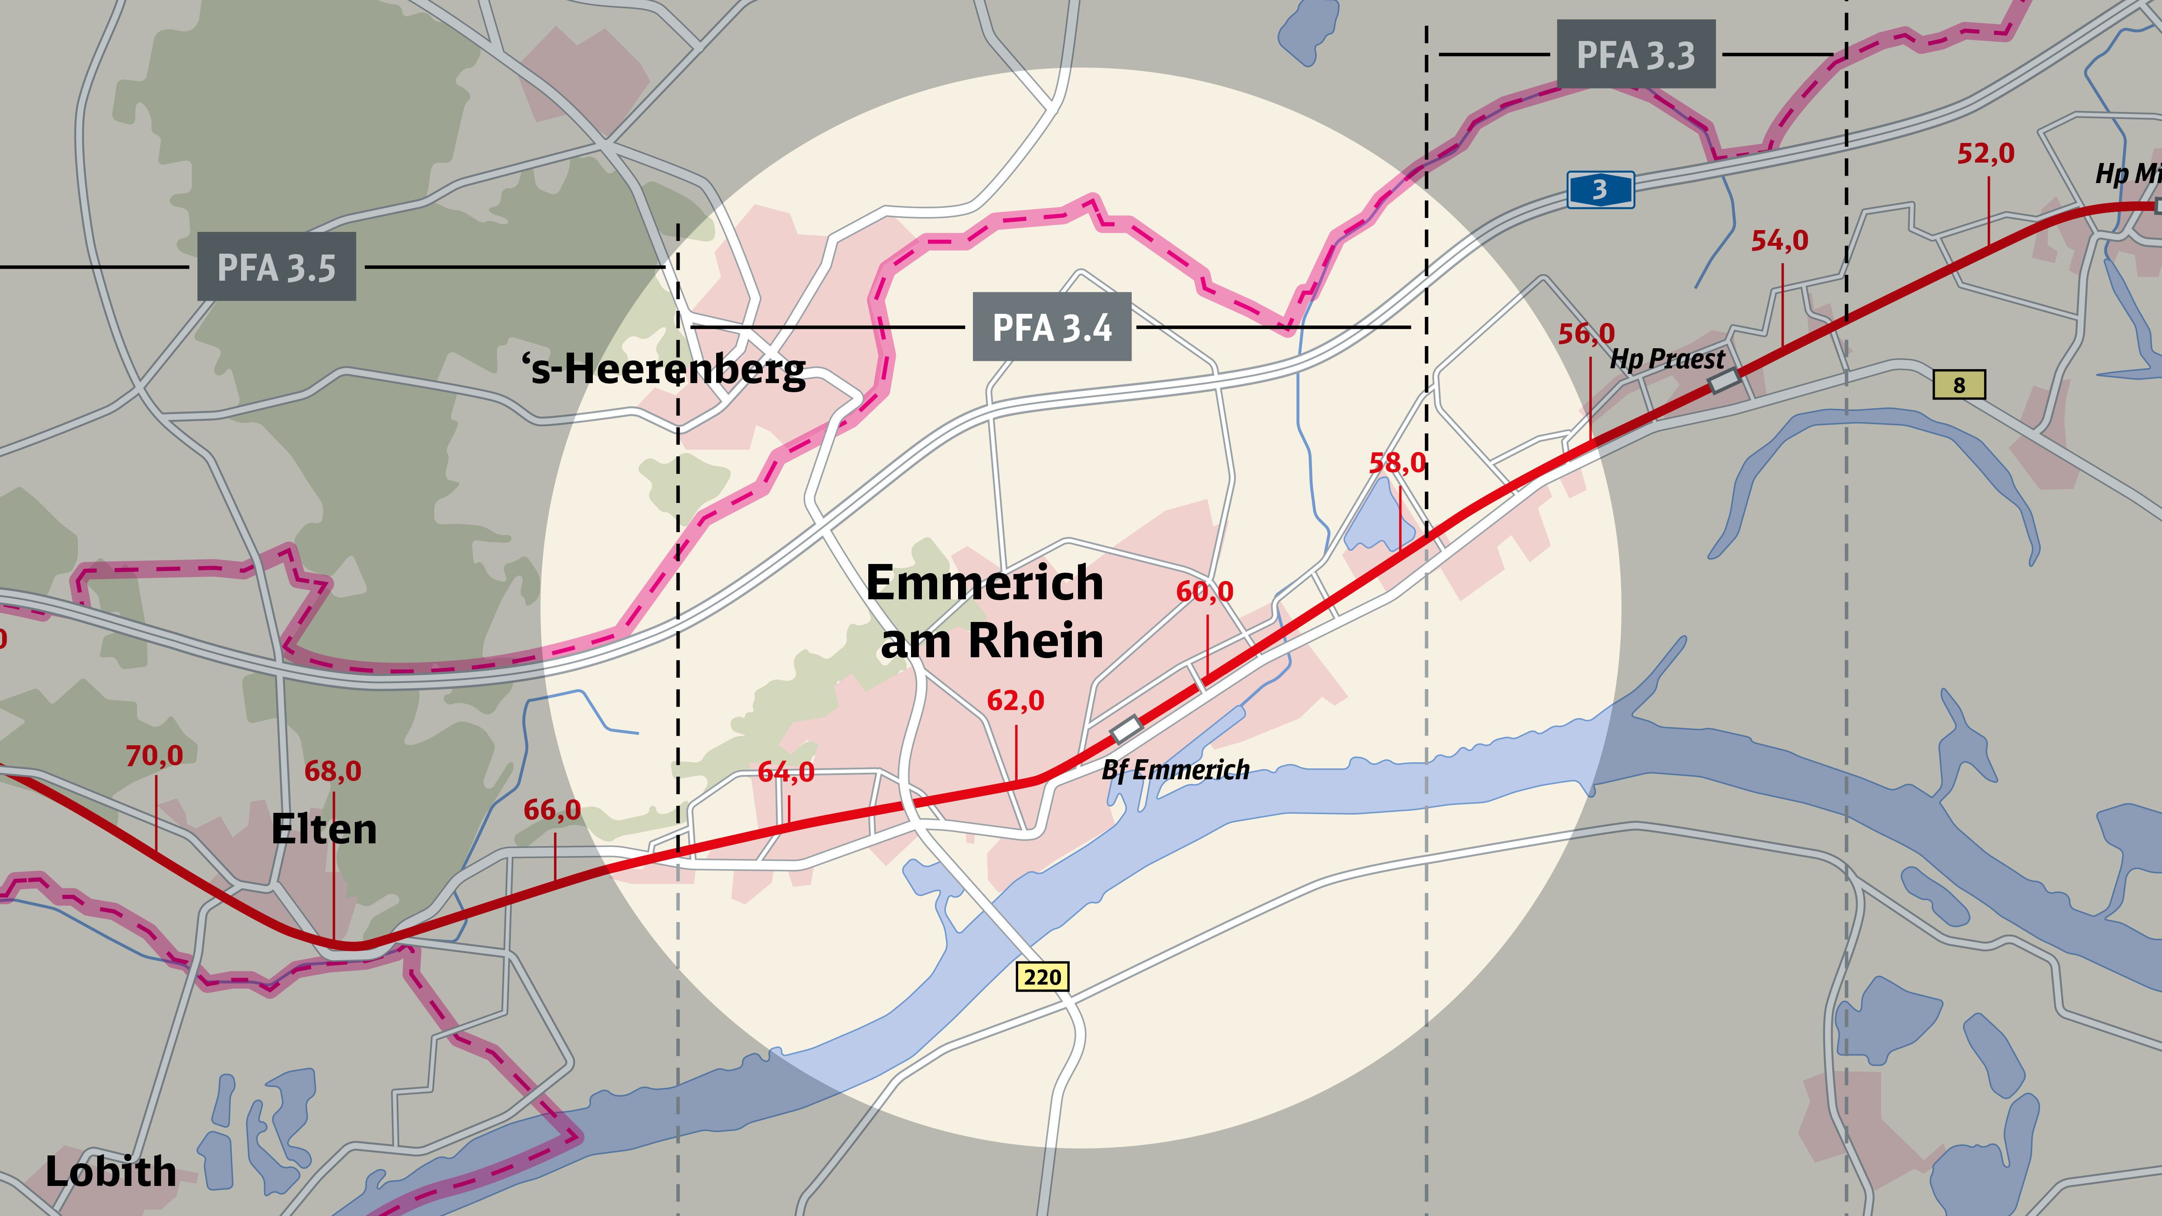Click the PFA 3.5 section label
(x=276, y=267)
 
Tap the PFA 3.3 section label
(x=1636, y=54)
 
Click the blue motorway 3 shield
(x=1600, y=190)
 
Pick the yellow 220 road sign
(x=1042, y=977)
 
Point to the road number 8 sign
(x=1959, y=385)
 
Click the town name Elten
(x=324, y=829)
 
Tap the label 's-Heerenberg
(x=663, y=369)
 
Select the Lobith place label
(x=111, y=1172)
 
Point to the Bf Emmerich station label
(x=1175, y=770)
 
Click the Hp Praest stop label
(x=1667, y=359)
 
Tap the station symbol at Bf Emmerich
(x=1125, y=727)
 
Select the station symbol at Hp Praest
(x=1725, y=381)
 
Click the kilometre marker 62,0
(x=1016, y=700)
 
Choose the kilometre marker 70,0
(x=154, y=755)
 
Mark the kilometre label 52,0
(x=1986, y=153)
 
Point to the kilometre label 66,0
(x=552, y=810)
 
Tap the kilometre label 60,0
(x=1204, y=591)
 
